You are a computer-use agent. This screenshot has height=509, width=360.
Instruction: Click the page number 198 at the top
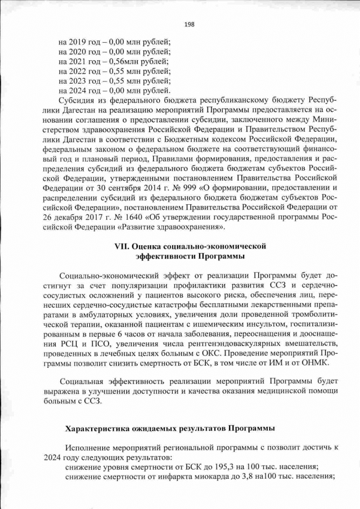tap(190, 24)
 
